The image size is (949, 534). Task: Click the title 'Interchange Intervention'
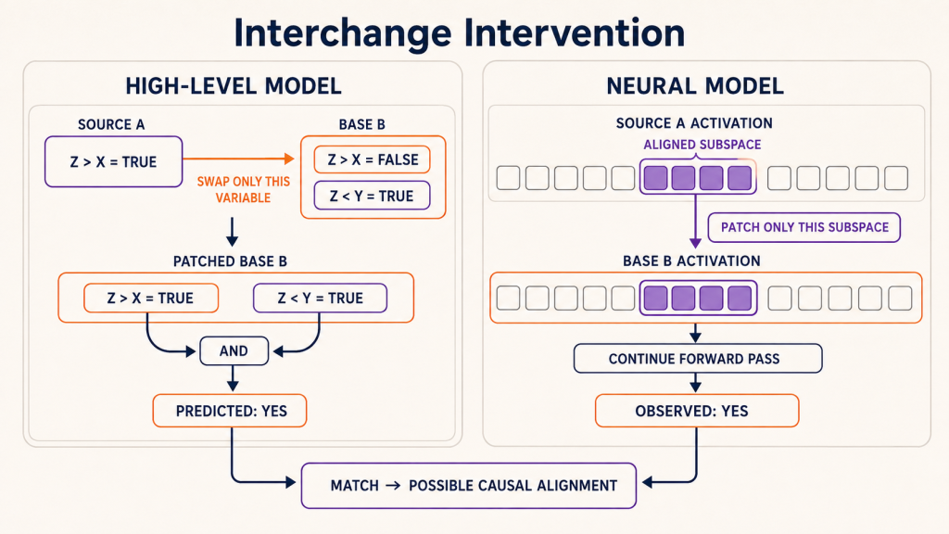click(460, 32)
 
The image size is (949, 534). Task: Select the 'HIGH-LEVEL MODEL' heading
click(234, 86)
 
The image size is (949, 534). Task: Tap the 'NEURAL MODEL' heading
click(695, 86)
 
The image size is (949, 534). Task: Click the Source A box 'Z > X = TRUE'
click(114, 161)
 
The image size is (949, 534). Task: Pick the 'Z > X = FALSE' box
click(373, 159)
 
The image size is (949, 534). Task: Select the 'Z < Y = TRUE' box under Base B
click(373, 196)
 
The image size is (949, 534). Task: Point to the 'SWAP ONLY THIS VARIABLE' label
click(244, 189)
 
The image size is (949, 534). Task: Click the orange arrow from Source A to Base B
click(238, 159)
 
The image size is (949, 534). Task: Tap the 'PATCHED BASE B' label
click(230, 261)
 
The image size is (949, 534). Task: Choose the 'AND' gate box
click(234, 351)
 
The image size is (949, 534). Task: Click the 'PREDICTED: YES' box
click(230, 411)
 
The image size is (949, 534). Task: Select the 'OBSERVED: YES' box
click(697, 411)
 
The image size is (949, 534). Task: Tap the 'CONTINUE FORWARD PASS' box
click(698, 359)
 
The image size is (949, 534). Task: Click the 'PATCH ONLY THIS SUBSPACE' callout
click(804, 228)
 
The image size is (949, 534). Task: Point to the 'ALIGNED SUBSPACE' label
click(702, 145)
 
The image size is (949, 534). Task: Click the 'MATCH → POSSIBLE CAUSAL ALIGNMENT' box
click(469, 486)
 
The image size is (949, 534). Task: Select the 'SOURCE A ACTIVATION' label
click(694, 123)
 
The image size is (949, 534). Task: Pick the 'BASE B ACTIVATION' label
click(691, 261)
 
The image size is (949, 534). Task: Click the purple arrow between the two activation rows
click(695, 221)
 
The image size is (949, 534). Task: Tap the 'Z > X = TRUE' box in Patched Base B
click(151, 298)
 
